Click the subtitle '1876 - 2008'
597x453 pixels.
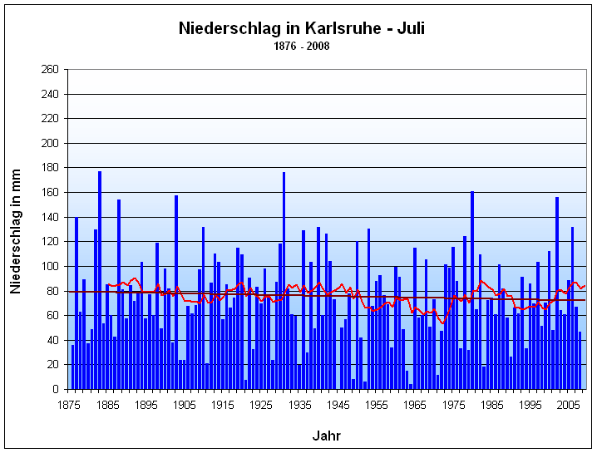[300, 46]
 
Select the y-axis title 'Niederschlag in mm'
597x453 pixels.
[16, 229]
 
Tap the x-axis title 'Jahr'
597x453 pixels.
[326, 436]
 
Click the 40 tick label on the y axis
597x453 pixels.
[52, 340]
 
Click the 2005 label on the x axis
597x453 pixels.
[569, 405]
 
